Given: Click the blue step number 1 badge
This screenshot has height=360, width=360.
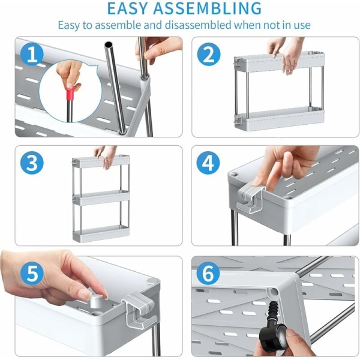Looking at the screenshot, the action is [x=32, y=55].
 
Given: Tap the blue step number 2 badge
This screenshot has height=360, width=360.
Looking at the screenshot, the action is [x=209, y=55].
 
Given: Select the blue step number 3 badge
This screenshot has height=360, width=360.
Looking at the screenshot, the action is [x=32, y=163].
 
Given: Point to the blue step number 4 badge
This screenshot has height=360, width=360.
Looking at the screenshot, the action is [x=208, y=163].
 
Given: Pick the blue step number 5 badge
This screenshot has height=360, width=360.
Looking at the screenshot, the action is [x=32, y=274].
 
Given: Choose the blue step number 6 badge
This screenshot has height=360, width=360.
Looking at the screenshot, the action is [x=208, y=274].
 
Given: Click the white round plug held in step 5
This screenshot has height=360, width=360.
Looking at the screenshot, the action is [x=96, y=301].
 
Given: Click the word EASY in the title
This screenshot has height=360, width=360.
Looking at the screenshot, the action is [x=127, y=8].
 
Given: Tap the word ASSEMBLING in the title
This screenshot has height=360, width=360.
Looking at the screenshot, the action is [x=208, y=8].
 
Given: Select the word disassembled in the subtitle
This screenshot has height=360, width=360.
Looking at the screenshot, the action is [x=198, y=25].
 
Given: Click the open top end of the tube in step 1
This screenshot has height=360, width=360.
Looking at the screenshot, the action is [x=109, y=44].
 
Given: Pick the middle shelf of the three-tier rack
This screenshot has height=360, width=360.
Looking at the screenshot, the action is [x=101, y=197].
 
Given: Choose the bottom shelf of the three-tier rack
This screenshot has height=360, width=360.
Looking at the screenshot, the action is [x=101, y=233].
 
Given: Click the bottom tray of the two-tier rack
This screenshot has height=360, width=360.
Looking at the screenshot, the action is [x=279, y=119].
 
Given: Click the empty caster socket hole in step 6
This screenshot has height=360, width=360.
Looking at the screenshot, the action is [x=274, y=292].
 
